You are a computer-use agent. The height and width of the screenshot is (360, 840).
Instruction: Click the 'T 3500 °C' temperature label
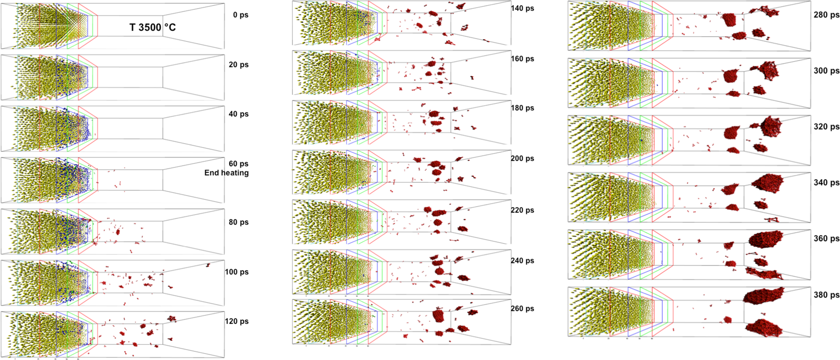(152, 27)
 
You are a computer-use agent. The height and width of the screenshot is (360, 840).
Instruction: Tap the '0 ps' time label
(240, 15)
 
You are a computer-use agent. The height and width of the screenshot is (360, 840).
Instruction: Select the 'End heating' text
(226, 173)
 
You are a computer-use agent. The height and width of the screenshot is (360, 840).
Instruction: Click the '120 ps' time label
(236, 321)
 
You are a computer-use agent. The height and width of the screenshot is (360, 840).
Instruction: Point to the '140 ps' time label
(522, 8)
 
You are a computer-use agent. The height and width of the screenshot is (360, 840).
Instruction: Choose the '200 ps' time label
(522, 158)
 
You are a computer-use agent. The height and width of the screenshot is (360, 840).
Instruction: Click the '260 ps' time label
(522, 308)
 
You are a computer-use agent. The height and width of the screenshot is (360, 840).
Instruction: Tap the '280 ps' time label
(826, 15)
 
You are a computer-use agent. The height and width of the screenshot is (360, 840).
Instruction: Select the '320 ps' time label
(826, 126)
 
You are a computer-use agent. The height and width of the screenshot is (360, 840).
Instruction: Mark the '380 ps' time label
(826, 294)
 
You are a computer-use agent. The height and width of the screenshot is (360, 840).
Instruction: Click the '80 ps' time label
(238, 222)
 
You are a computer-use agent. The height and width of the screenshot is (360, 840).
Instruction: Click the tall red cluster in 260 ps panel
(439, 315)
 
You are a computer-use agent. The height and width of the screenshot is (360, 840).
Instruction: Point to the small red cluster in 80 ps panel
(118, 232)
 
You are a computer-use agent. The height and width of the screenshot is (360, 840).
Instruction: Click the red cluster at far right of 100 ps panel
(208, 265)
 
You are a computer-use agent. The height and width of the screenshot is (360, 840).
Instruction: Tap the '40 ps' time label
(238, 114)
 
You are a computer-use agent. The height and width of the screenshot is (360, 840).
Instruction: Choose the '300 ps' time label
(826, 70)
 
